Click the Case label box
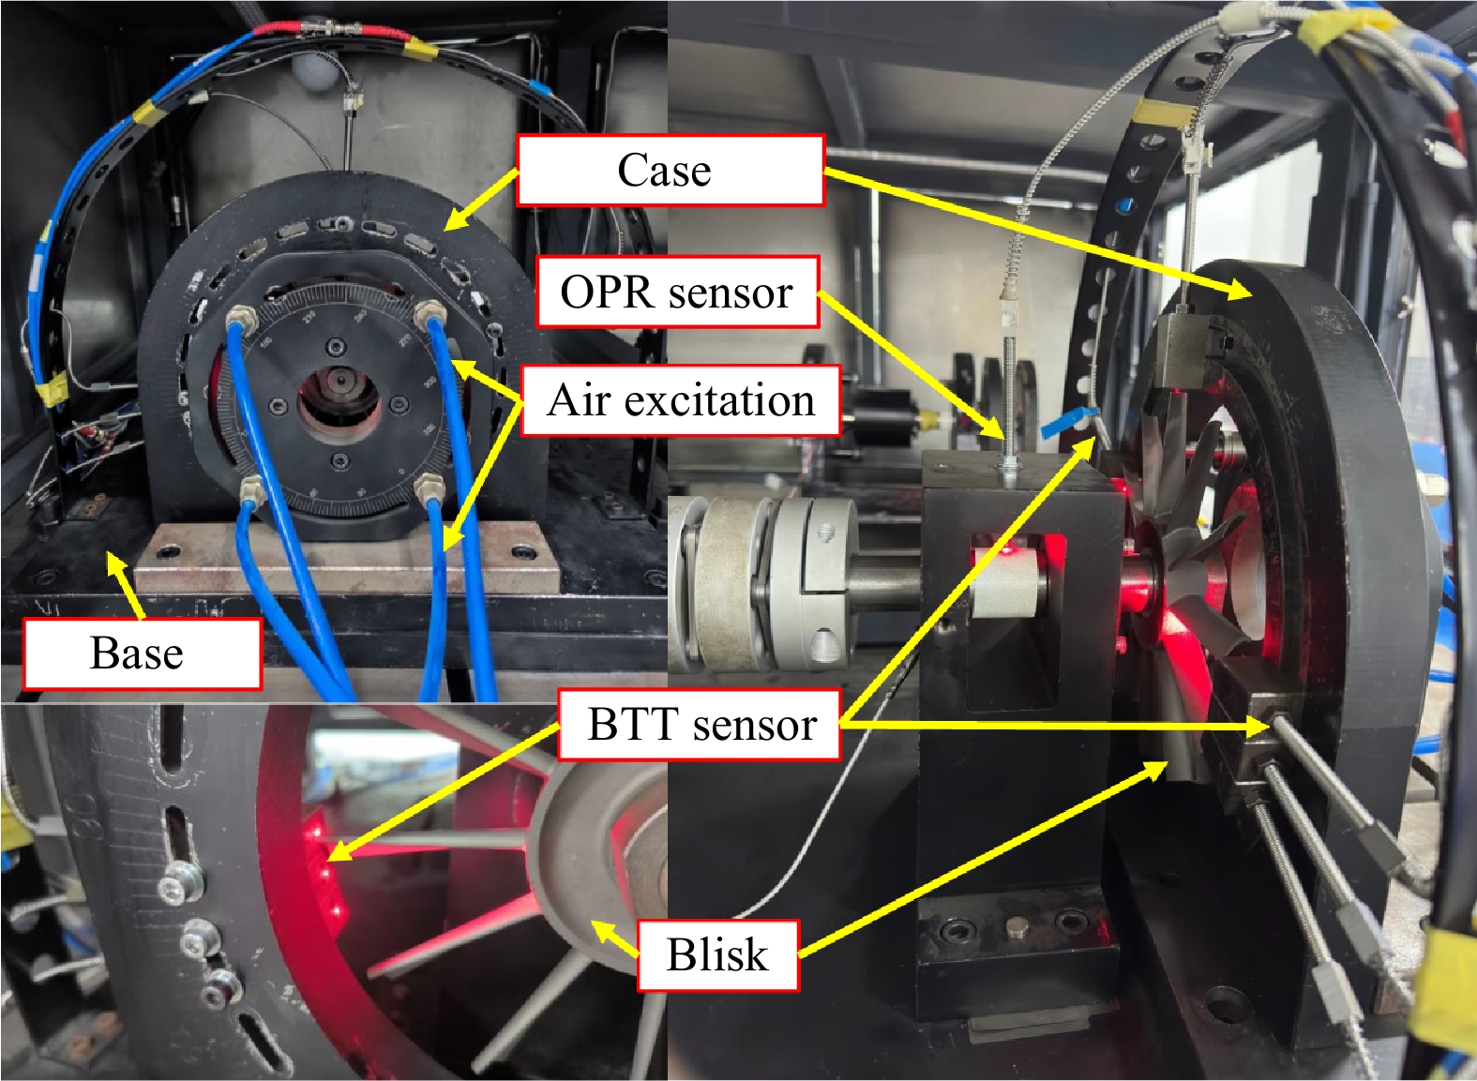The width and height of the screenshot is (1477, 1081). tap(671, 170)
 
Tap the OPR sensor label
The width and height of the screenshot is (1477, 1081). tap(677, 292)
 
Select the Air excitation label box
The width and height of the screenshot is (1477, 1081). tap(681, 400)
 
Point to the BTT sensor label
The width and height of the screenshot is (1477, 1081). tap(700, 725)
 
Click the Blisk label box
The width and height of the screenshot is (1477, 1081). tap(718, 955)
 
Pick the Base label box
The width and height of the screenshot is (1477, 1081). tap(143, 653)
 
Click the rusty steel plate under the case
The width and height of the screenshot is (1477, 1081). tap(348, 558)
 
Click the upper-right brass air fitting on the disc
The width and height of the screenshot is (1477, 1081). tap(430, 310)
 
